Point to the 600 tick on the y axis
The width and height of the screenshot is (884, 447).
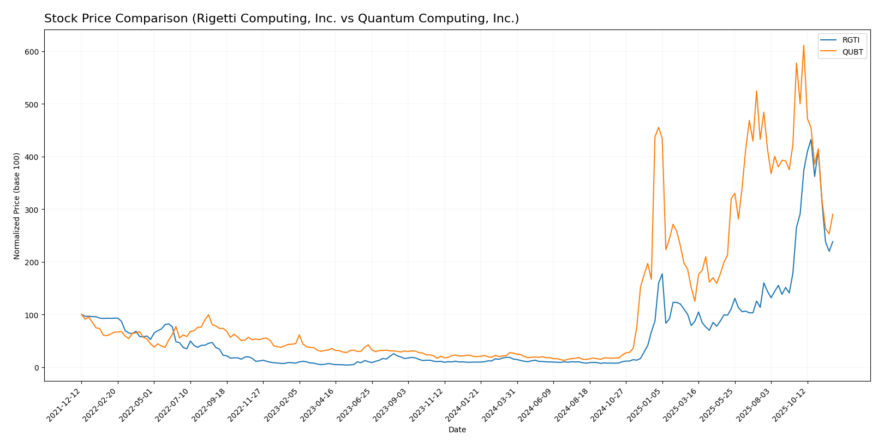[34, 52]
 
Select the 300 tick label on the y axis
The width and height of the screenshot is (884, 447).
[34, 210]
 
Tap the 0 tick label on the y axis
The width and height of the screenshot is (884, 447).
[37, 368]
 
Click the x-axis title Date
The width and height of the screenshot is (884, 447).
[457, 430]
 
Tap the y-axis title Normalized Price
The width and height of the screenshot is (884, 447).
[17, 206]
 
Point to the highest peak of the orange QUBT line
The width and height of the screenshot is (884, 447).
[804, 45]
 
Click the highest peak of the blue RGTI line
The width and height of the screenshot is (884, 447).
[811, 139]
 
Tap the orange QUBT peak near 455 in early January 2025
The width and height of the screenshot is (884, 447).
[659, 127]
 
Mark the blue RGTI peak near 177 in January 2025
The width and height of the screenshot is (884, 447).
[662, 274]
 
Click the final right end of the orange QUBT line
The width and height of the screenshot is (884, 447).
[833, 214]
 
